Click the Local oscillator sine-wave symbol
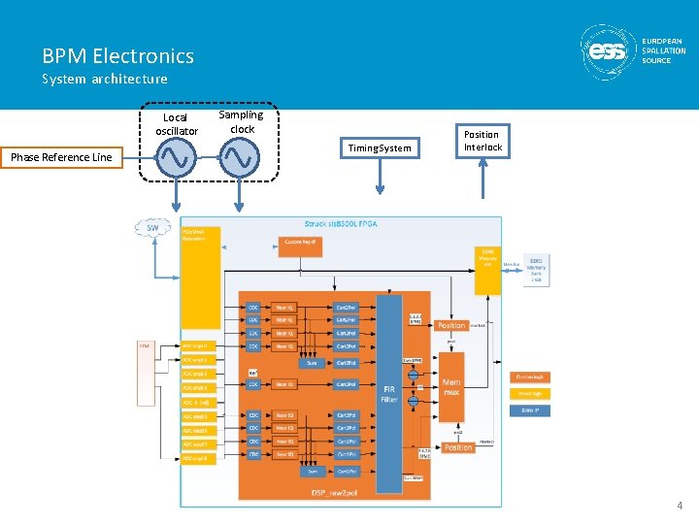[x=178, y=158]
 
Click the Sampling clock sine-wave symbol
[x=240, y=158]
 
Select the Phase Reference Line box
[x=62, y=157]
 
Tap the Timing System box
[x=380, y=147]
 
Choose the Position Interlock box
[x=483, y=141]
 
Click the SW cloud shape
[x=152, y=228]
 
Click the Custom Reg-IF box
[x=302, y=242]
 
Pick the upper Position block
[x=451, y=325]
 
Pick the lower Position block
[x=457, y=447]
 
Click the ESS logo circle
[x=609, y=52]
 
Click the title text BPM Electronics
[x=117, y=56]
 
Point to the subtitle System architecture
[x=104, y=80]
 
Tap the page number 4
[x=680, y=506]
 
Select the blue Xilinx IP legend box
[x=529, y=410]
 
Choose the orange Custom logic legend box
[x=530, y=377]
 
